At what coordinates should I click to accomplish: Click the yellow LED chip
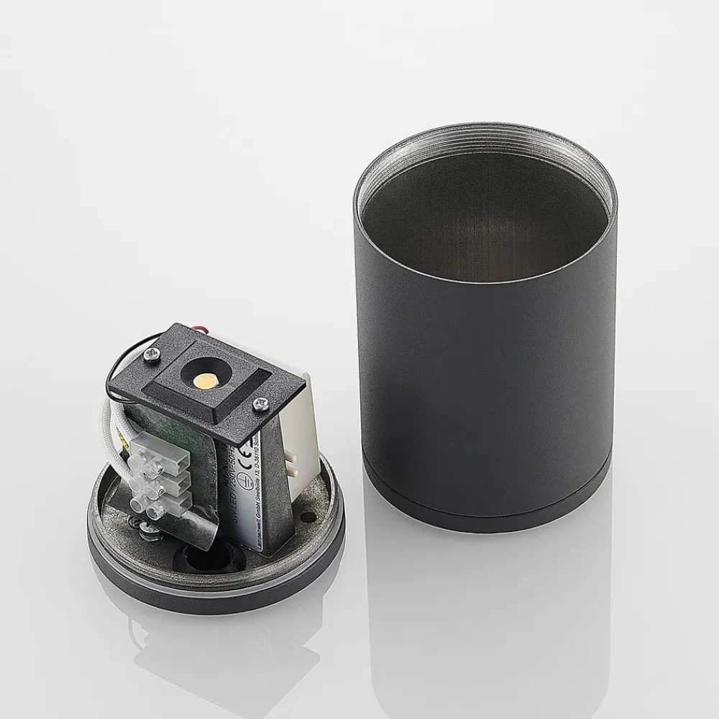pyautogui.click(x=204, y=377)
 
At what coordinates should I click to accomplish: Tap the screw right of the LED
pyautogui.click(x=257, y=406)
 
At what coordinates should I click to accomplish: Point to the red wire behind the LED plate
pyautogui.click(x=196, y=329)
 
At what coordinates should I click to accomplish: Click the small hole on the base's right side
pyautogui.click(x=307, y=516)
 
